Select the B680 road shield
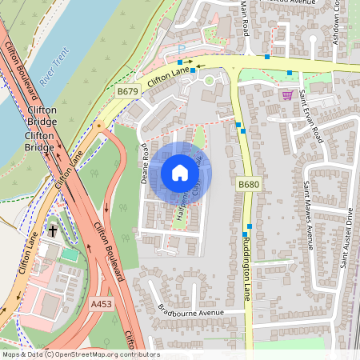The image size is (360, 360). [x=249, y=184]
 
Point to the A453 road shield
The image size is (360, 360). [x=102, y=304]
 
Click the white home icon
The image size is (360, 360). [x=180, y=173]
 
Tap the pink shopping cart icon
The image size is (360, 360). [x=287, y=94]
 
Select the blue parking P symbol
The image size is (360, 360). [x=181, y=50]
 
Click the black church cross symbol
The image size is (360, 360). [x=53, y=230]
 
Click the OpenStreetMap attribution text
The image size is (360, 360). [x=80, y=354]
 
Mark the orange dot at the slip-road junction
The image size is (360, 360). [x=98, y=126]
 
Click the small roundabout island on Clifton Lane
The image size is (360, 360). [x=210, y=79]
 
